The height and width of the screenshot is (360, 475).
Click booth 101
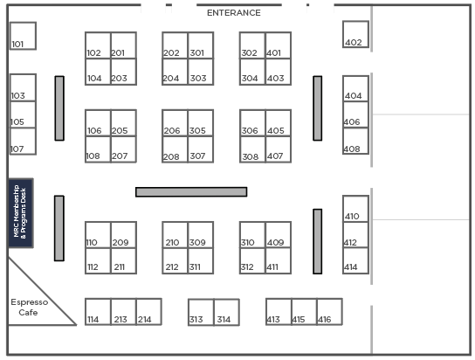tap(23, 36)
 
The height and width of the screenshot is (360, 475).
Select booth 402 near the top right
tap(355, 34)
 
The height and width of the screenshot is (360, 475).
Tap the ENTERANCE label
tap(233, 13)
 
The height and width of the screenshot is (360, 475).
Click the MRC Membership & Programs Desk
tap(21, 213)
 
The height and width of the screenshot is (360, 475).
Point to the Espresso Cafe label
tap(29, 308)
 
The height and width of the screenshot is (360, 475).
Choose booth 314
tap(227, 313)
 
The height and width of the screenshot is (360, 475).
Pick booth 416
tap(329, 312)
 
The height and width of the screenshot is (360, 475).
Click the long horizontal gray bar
tap(191, 192)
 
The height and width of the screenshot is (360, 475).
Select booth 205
tap(124, 123)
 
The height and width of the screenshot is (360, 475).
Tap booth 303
tap(201, 72)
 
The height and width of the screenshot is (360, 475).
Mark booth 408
tap(355, 141)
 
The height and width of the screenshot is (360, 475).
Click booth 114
tap(98, 312)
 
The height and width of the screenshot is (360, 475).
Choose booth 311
tap(201, 261)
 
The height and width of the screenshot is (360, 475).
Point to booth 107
tap(23, 142)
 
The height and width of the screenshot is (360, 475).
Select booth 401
tap(279, 45)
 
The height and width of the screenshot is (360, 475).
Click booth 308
tap(252, 149)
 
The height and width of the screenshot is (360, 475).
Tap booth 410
tap(355, 209)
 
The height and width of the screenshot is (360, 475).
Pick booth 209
tap(124, 235)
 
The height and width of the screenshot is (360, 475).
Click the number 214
tap(144, 320)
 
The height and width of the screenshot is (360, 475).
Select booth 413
tap(279, 312)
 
